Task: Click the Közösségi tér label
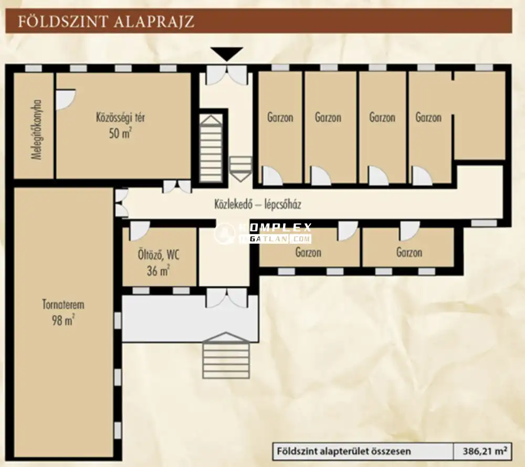[x=120, y=117]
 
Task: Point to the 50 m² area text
[x=120, y=133]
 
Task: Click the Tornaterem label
[x=63, y=305]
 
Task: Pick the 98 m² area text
[x=62, y=320]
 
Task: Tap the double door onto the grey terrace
[x=226, y=298]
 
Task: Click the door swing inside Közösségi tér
[x=65, y=99]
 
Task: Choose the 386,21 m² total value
[x=485, y=451]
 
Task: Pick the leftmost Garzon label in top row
[x=280, y=117]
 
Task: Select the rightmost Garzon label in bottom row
[x=409, y=253]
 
